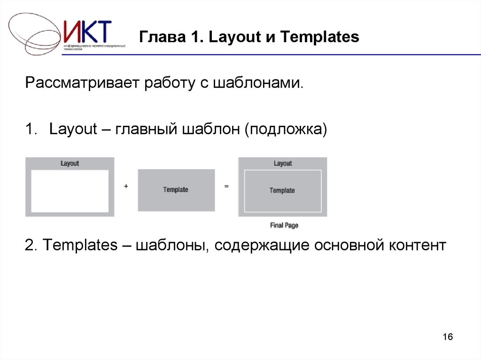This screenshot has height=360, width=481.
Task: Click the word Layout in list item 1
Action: tap(73, 129)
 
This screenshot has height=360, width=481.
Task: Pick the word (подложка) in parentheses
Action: tap(284, 129)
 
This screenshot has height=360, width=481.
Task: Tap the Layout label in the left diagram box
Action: tap(70, 163)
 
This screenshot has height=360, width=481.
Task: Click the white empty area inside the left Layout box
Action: tap(70, 191)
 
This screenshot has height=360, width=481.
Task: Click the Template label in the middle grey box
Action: tap(176, 190)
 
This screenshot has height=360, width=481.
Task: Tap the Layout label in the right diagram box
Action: tap(283, 163)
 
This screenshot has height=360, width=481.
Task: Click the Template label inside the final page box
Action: tap(282, 191)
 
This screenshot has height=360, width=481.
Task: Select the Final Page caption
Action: tap(284, 225)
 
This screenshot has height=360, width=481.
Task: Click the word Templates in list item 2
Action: tap(80, 245)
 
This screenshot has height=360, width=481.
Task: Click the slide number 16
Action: tap(448, 337)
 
